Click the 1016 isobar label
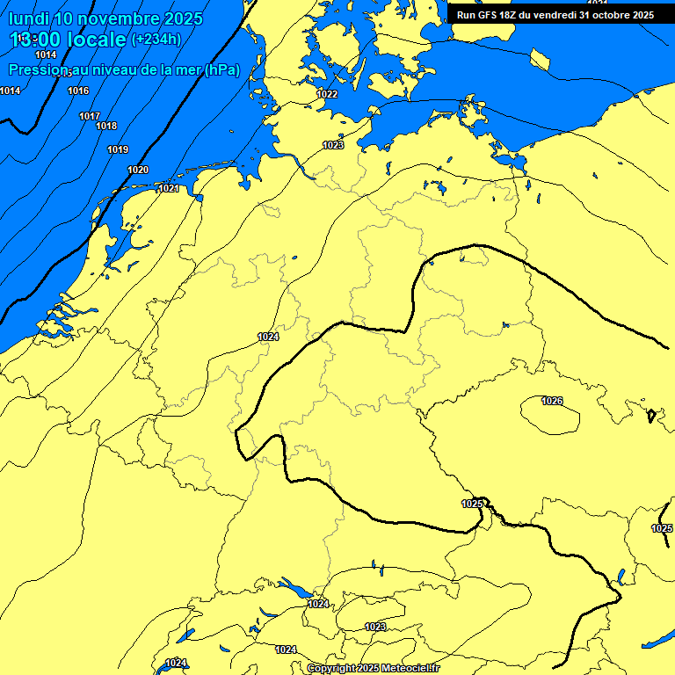(78, 91)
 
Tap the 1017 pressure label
(89, 116)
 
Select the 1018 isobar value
(106, 127)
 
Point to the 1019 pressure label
(118, 150)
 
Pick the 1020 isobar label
(138, 170)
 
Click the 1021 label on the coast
(170, 189)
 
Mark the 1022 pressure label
(327, 94)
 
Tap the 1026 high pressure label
(552, 402)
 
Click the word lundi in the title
(29, 18)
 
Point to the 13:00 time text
(34, 39)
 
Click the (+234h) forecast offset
(156, 39)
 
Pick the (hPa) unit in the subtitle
(222, 69)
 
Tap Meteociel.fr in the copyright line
(410, 669)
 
